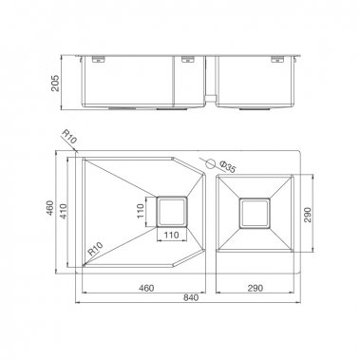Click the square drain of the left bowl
pos(172,211)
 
